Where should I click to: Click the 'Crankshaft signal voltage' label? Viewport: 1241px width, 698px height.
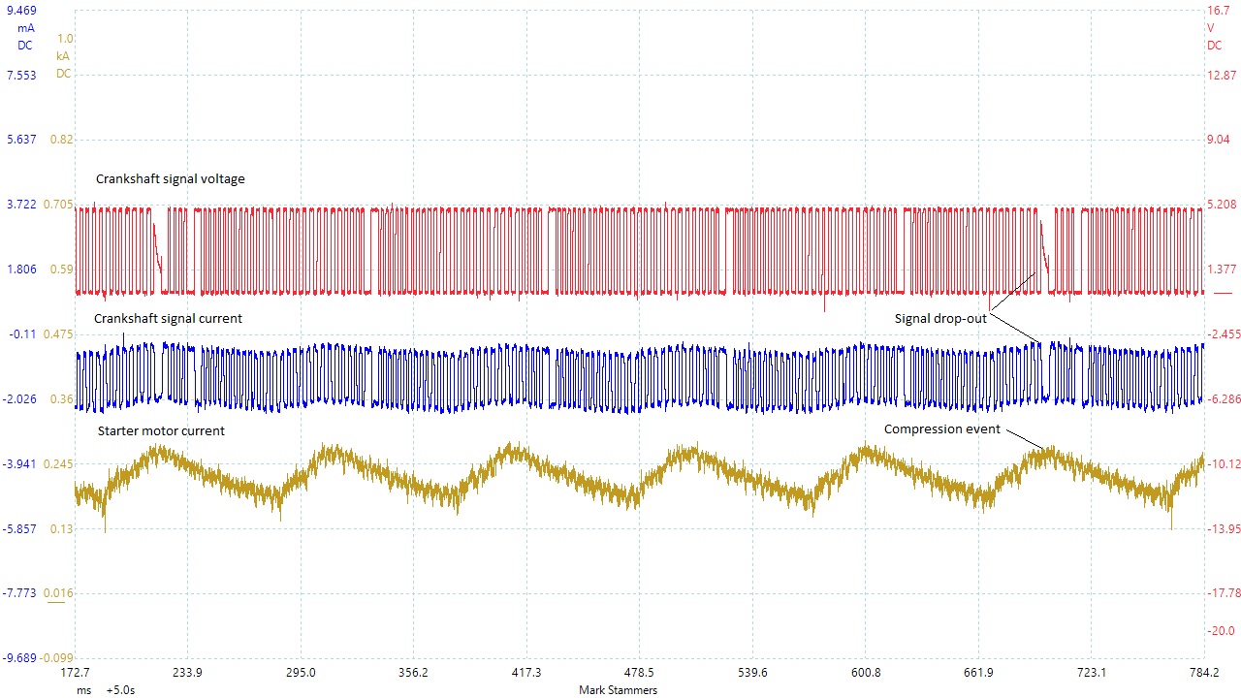click(x=170, y=179)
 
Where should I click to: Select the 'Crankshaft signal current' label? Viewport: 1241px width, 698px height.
click(x=168, y=319)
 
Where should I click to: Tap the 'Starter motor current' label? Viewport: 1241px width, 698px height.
click(x=161, y=431)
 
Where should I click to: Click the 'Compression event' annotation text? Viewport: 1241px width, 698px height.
click(x=941, y=429)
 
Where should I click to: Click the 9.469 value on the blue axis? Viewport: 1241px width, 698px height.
click(x=21, y=11)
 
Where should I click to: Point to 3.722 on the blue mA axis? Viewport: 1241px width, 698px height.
click(x=21, y=205)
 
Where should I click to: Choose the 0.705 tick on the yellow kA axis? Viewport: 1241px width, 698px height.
click(x=58, y=205)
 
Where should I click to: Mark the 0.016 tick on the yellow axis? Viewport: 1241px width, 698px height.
click(x=58, y=592)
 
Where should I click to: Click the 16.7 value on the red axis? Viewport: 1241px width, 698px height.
click(x=1219, y=11)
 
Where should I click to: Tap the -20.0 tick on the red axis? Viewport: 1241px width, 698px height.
click(x=1222, y=631)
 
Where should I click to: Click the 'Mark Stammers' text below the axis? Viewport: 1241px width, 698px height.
click(x=618, y=690)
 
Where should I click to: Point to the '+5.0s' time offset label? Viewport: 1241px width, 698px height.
click(x=120, y=690)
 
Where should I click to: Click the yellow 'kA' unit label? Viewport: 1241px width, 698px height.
click(x=64, y=56)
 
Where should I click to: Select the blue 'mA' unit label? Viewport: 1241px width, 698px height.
click(x=26, y=28)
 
